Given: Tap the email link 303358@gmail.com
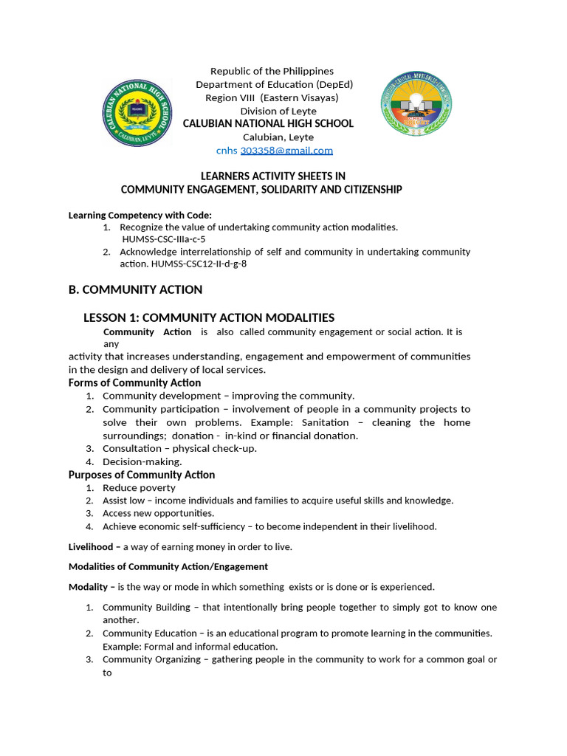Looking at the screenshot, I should [x=286, y=151].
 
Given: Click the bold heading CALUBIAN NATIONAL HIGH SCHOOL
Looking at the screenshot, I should [x=268, y=124].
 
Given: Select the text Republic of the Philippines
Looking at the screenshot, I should [x=272, y=71].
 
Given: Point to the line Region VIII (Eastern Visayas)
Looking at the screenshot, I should [x=272, y=97].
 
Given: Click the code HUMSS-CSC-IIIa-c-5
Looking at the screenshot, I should [x=164, y=239].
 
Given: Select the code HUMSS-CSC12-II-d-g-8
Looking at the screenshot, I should [x=199, y=264].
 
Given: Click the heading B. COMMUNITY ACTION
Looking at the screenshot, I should [x=135, y=289].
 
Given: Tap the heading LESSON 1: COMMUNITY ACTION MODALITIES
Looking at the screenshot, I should [x=209, y=317].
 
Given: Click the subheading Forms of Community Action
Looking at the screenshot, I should [x=134, y=382].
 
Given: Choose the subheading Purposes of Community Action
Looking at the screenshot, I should [x=142, y=475].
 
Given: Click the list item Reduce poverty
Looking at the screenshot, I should [x=139, y=488].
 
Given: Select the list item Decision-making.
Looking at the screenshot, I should [x=142, y=461].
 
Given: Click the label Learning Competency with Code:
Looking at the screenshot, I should [x=129, y=216].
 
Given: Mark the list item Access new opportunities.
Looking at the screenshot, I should [x=158, y=513].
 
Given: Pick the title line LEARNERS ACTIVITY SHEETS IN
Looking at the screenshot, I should [x=273, y=176].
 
